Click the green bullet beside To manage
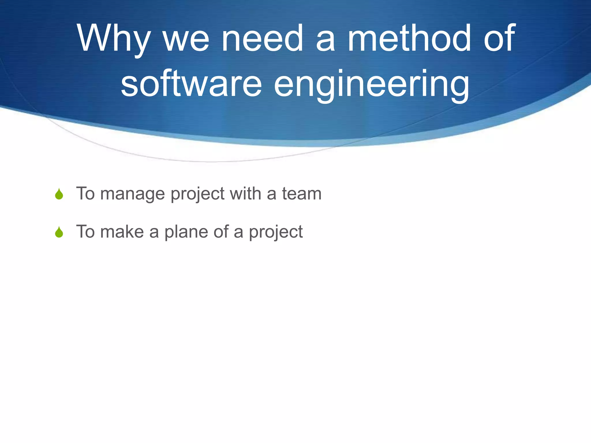click(59, 194)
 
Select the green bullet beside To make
click(59, 232)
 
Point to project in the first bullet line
click(197, 194)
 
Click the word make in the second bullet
click(122, 232)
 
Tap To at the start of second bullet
click(85, 232)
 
